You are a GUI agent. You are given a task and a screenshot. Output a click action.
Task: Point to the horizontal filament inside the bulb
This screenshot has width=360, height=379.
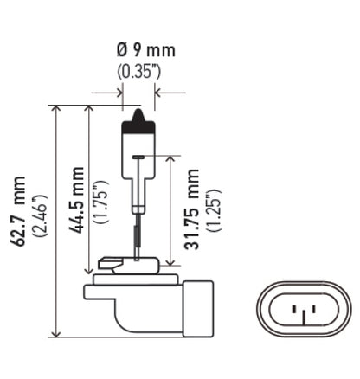click(x=138, y=156)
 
